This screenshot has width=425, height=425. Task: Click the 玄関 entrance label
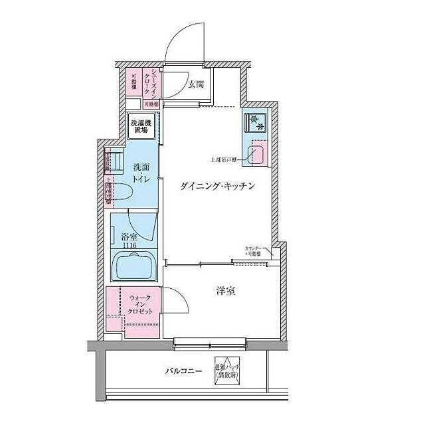coord(195,84)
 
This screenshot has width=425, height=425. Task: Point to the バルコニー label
coord(183,372)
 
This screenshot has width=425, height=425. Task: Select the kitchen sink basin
coord(256,157)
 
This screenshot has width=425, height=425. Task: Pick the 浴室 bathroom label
coord(129,235)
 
